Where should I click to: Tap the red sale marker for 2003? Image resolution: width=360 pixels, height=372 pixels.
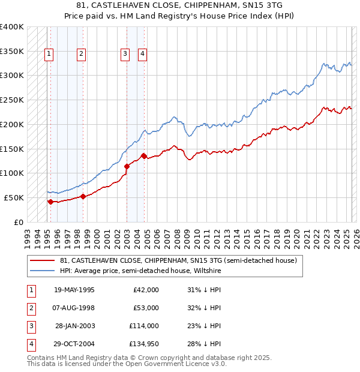tap(127, 166)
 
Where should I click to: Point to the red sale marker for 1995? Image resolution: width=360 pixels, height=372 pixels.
tap(50, 202)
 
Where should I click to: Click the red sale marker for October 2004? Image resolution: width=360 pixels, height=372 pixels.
tap(144, 156)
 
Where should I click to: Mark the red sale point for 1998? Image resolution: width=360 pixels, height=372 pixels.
tap(82, 196)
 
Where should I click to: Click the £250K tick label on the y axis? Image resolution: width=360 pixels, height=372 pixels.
tap(11, 100)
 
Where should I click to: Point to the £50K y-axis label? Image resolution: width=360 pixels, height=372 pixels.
tap(14, 197)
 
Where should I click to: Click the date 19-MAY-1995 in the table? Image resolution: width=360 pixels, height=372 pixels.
tap(74, 290)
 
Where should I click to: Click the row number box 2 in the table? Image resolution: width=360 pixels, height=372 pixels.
tap(31, 308)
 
